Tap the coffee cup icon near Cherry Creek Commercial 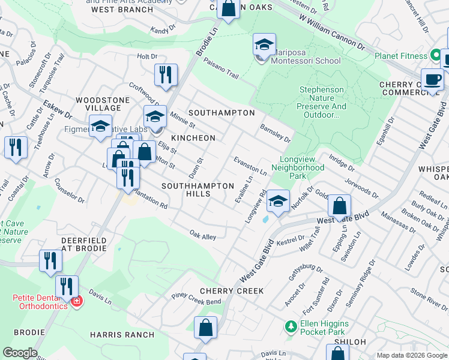pos(432,79)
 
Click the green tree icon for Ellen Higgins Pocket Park pos(291,326)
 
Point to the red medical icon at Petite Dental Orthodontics pos(76,301)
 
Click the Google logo pos(19,353)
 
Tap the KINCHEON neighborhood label pos(193,138)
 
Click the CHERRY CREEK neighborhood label pos(232,291)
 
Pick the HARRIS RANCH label pos(122,335)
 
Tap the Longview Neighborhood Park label pos(302,164)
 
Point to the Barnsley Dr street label pos(275,133)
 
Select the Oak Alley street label pos(203,236)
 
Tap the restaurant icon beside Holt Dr pos(164,74)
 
